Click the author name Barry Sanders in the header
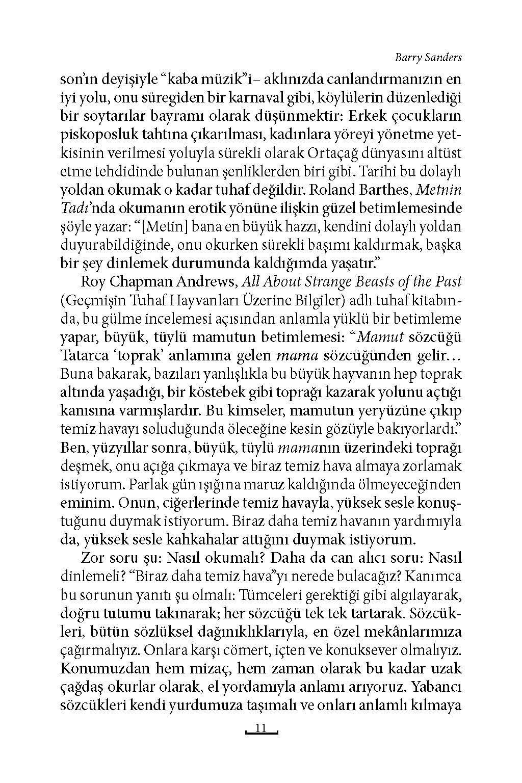[x=428, y=58]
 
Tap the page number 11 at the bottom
[x=261, y=728]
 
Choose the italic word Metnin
[x=439, y=190]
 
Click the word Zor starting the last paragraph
[x=92, y=558]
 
